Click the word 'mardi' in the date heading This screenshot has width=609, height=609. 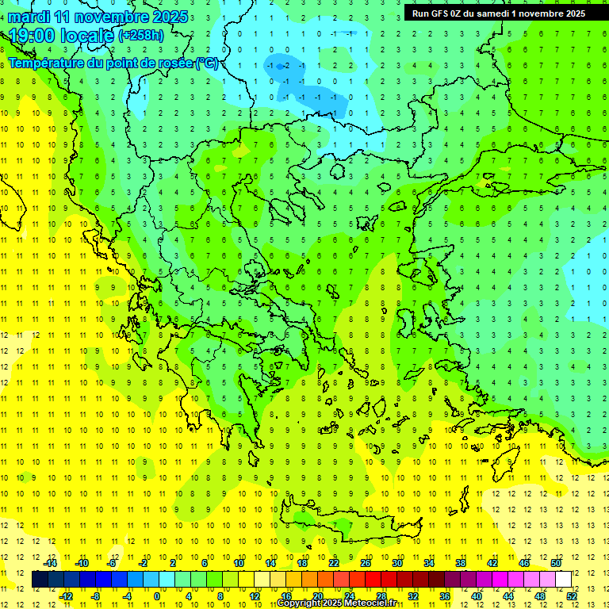click(x=29, y=17)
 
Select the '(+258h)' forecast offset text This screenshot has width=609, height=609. click(x=140, y=35)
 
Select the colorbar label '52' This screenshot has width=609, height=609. click(x=572, y=596)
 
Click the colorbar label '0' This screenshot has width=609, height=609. click(x=156, y=596)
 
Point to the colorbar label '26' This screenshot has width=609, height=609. click(x=366, y=562)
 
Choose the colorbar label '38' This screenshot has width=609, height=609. click(x=461, y=562)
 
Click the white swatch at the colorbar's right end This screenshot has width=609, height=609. click(x=563, y=579)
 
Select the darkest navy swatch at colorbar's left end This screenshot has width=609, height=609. click(x=40, y=579)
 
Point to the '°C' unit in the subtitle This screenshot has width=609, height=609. click(x=207, y=63)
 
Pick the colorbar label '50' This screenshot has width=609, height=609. click(x=556, y=562)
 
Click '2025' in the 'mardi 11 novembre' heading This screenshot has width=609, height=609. click(x=169, y=17)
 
